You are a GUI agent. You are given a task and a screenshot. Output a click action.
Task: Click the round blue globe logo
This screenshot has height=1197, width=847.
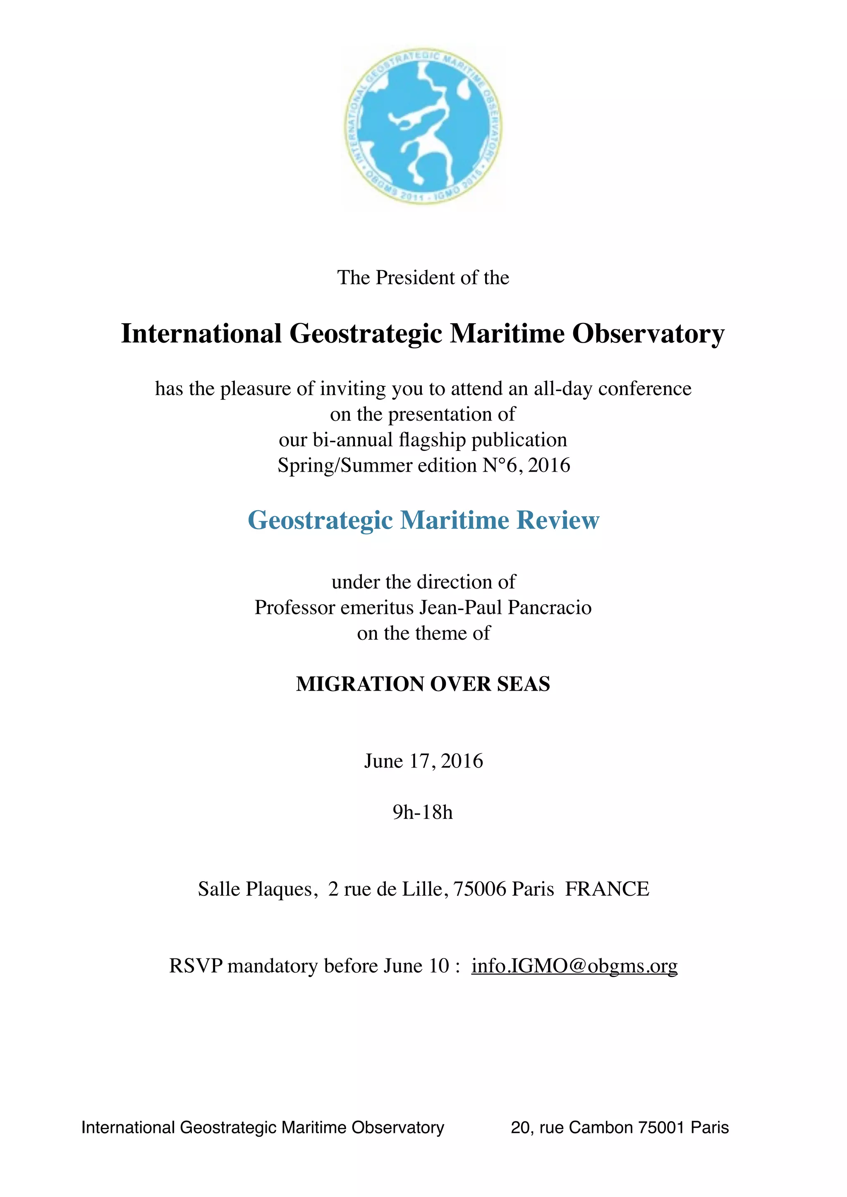point(423,128)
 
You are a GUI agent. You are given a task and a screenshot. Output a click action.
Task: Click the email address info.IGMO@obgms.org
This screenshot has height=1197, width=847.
point(574,966)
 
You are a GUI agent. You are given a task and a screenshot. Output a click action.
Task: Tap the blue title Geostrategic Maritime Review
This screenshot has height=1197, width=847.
point(423,520)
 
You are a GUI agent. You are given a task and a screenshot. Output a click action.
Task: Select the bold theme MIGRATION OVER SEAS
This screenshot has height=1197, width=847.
point(423,684)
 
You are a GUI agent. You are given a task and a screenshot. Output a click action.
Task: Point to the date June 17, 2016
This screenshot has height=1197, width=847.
point(423,761)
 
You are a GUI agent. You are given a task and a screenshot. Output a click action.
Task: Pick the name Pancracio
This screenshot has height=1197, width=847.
point(550,607)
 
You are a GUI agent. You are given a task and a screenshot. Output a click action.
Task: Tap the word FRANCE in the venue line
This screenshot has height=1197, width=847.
point(607,889)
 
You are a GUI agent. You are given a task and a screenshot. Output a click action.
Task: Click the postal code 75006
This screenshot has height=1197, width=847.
point(480,889)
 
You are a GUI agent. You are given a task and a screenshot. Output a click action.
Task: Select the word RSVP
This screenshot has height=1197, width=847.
point(196,966)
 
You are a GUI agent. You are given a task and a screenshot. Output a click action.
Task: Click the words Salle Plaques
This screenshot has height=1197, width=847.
point(255,889)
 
